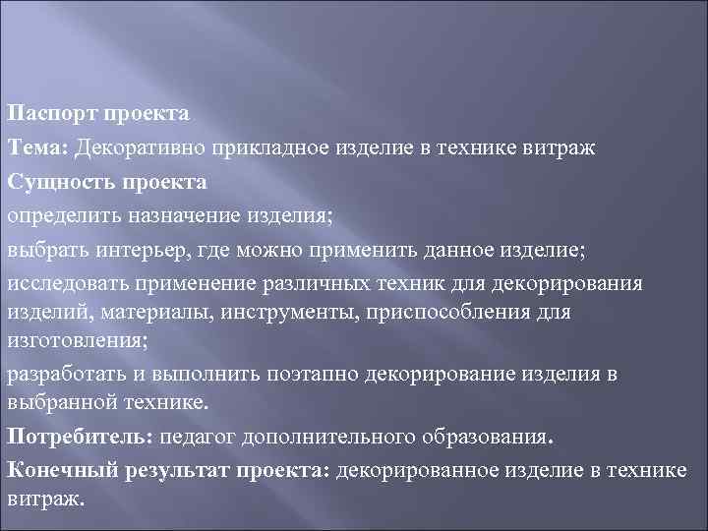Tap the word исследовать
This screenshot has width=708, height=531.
tap(68, 284)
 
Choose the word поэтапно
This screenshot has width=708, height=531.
tap(324, 375)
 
